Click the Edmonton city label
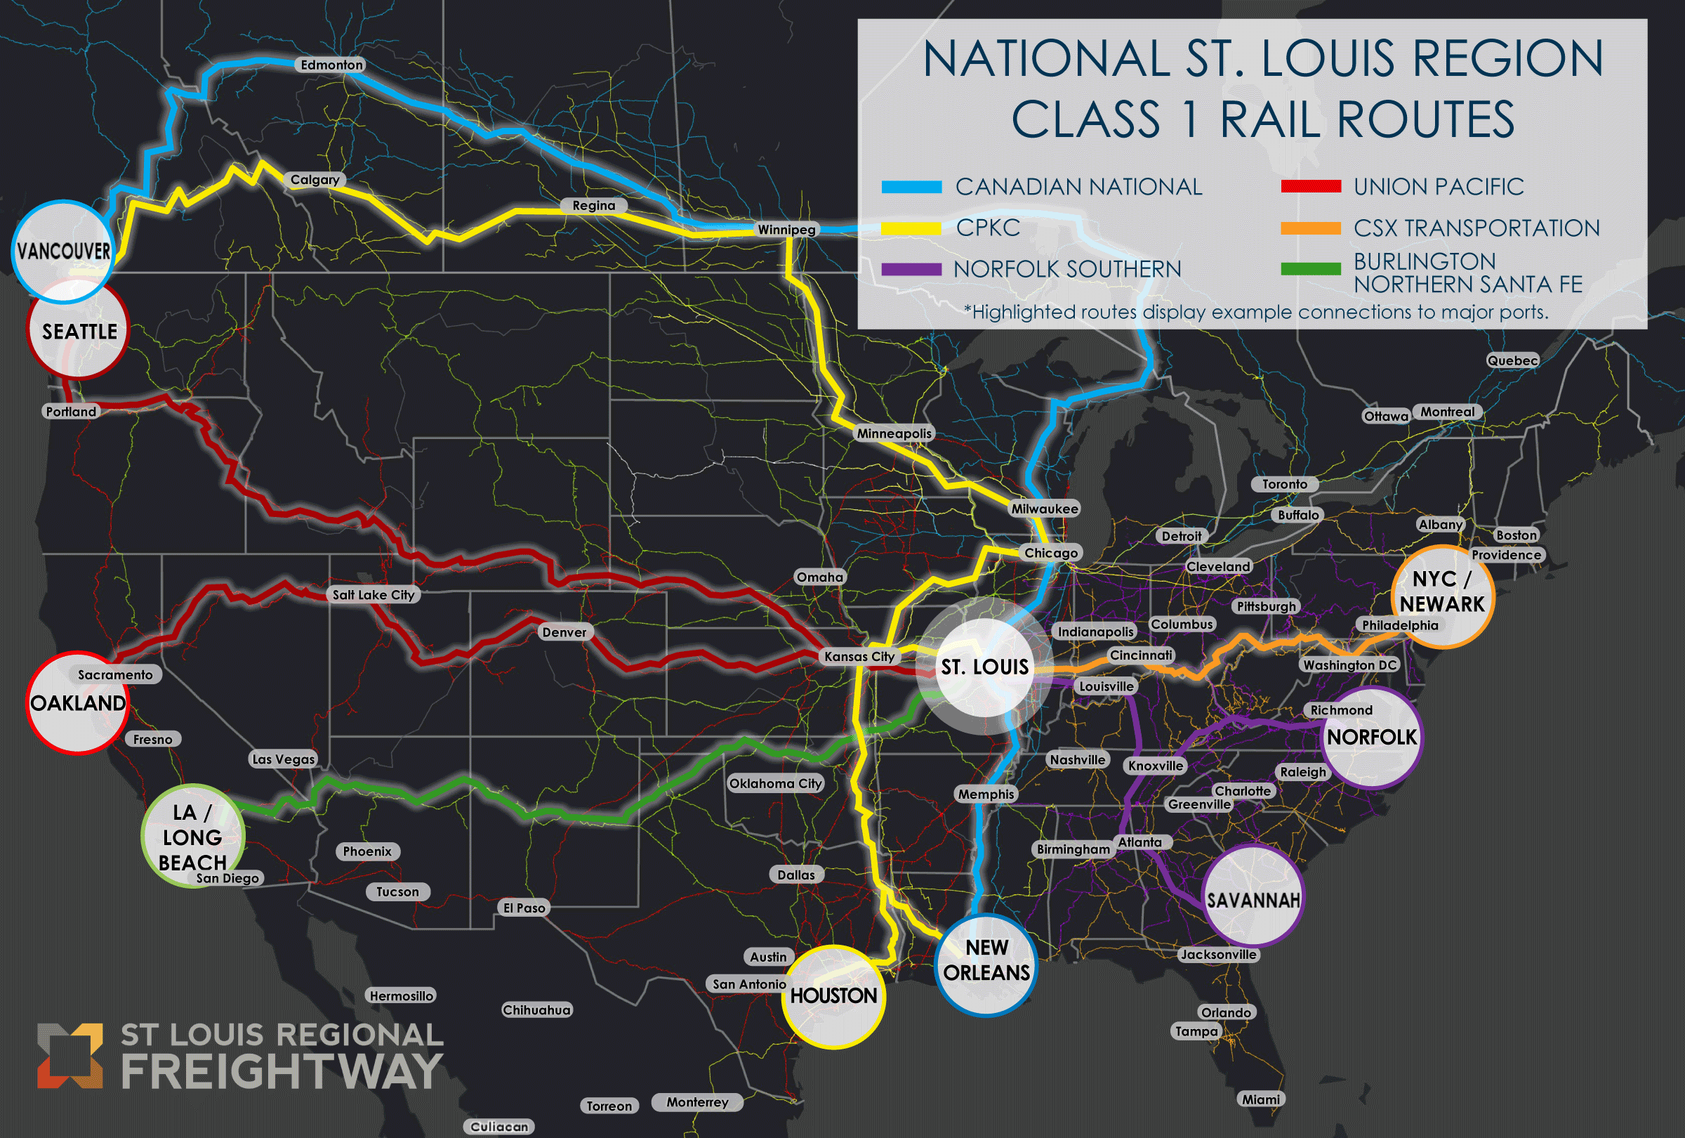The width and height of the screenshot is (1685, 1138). tap(331, 65)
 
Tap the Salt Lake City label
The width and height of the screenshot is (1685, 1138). tap(374, 595)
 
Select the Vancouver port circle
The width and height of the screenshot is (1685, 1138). tap(64, 251)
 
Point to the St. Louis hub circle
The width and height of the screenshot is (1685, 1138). tap(984, 667)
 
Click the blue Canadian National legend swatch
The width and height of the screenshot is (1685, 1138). tap(911, 187)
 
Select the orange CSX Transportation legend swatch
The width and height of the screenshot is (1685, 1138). tap(1310, 228)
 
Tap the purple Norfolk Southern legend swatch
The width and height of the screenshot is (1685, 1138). tap(911, 270)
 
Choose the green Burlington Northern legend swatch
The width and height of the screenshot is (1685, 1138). tap(1310, 269)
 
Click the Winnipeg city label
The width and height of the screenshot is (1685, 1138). tap(786, 230)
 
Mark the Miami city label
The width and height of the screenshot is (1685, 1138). tap(1260, 1099)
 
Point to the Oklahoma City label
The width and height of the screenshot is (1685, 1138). tap(775, 783)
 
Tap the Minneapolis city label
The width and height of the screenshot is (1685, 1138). tap(894, 433)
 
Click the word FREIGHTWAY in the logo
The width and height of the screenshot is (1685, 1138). tap(282, 1071)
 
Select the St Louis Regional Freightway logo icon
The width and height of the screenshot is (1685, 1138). tap(70, 1055)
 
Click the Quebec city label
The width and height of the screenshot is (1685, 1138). tap(1512, 360)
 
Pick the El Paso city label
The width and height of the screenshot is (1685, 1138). tap(524, 908)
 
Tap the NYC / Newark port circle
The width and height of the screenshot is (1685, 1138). tap(1441, 596)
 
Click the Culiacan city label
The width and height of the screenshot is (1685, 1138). tap(498, 1126)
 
